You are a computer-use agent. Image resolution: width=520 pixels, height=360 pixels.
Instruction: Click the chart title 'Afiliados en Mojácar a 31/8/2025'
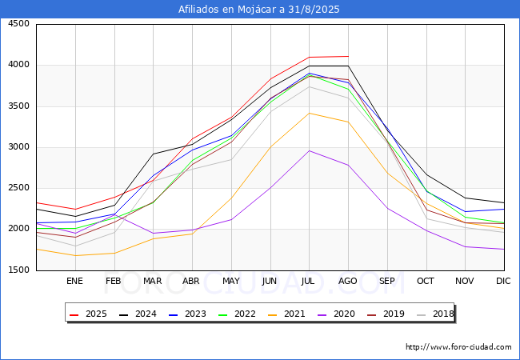[x=260, y=10]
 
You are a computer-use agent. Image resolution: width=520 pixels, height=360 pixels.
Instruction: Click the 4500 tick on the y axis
[x=18, y=24]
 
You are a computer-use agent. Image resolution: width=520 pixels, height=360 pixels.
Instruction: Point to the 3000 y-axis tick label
[x=18, y=147]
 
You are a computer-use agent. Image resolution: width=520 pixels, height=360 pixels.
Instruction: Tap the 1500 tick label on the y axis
[x=18, y=270]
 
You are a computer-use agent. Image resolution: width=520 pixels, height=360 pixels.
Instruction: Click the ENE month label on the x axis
[x=74, y=281]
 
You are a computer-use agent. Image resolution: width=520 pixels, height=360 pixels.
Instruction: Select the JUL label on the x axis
[x=309, y=281]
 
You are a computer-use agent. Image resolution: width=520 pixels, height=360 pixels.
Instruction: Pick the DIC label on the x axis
[x=503, y=281]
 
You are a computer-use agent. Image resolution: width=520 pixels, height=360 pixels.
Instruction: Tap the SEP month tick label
[x=386, y=281]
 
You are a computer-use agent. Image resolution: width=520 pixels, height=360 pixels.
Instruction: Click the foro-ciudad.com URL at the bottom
[x=458, y=347]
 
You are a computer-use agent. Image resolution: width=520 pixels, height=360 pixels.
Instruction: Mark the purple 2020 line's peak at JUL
[x=309, y=150]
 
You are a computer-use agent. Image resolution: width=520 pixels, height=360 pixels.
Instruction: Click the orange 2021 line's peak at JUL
[x=309, y=113]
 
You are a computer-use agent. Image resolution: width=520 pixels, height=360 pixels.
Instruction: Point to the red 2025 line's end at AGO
[x=348, y=56]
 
